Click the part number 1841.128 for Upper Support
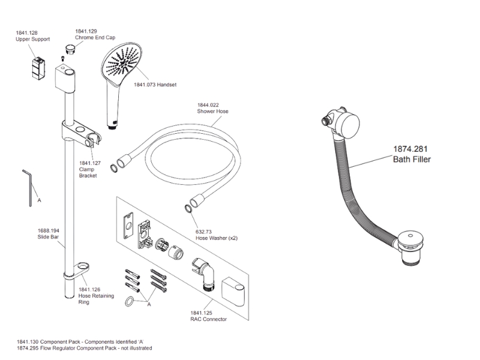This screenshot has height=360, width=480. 27,33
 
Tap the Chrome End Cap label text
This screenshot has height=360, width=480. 90,37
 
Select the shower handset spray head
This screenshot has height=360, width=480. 125,63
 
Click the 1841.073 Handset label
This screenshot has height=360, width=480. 155,85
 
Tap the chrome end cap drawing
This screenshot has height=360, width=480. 71,47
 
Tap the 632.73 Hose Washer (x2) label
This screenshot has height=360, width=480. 217,235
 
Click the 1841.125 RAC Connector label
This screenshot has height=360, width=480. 208,316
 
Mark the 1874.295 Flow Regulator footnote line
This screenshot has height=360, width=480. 84,348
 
